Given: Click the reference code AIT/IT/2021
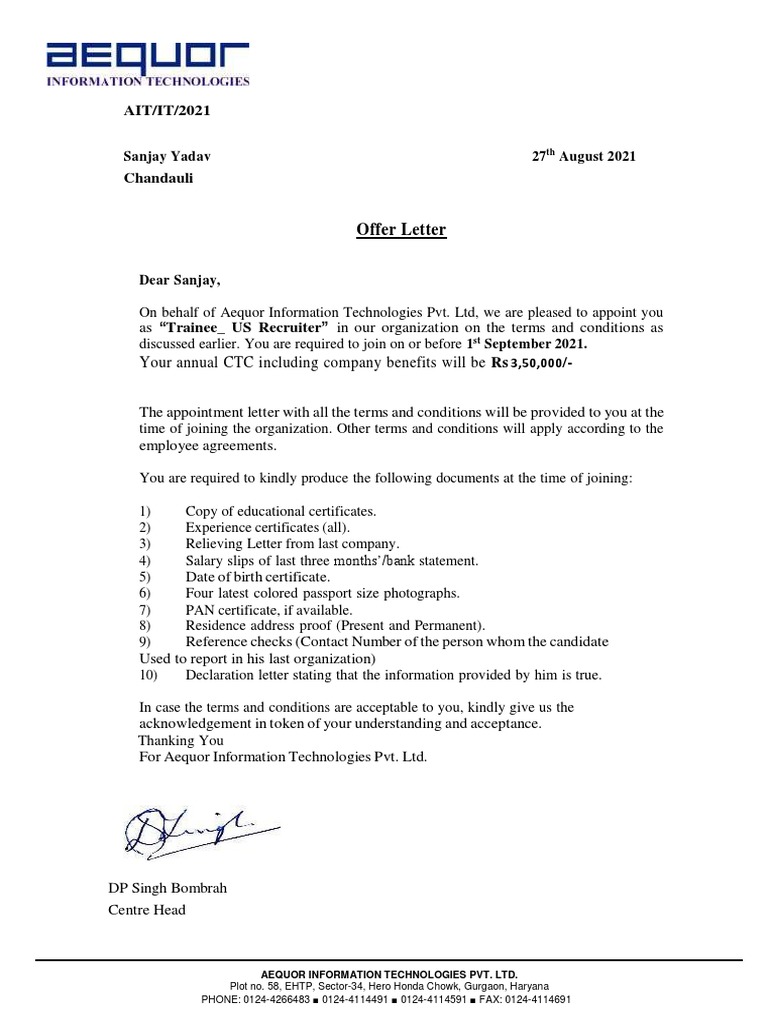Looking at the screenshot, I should pyautogui.click(x=166, y=110).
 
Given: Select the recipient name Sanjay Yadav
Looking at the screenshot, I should pyautogui.click(x=167, y=157).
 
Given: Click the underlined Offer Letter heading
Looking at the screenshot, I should pyautogui.click(x=401, y=231).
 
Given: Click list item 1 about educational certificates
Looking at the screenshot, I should pyautogui.click(x=280, y=511).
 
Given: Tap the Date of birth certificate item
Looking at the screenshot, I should pyautogui.click(x=257, y=577).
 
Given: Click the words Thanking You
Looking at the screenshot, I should pyautogui.click(x=181, y=740).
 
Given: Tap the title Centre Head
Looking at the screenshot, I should pyautogui.click(x=146, y=910).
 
